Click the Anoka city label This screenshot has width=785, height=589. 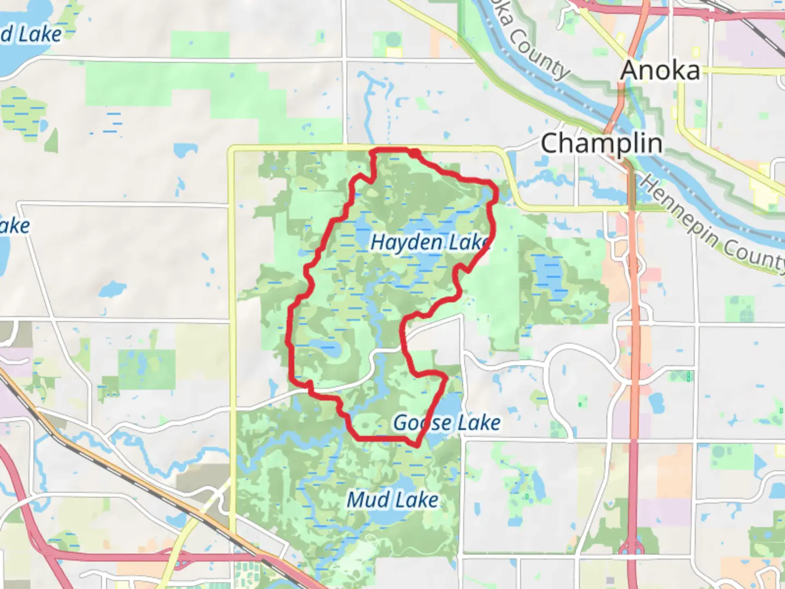coord(660,70)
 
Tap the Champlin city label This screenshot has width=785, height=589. coord(602,143)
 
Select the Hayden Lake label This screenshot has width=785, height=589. coord(430,242)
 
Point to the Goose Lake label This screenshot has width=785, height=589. coord(447,423)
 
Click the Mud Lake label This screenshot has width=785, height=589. coord(392,500)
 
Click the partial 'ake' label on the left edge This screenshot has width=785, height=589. coord(15,225)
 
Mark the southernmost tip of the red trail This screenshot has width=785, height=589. coord(417,446)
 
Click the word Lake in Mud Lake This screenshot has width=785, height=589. coord(418,500)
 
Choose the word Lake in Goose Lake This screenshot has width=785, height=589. coord(479,423)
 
